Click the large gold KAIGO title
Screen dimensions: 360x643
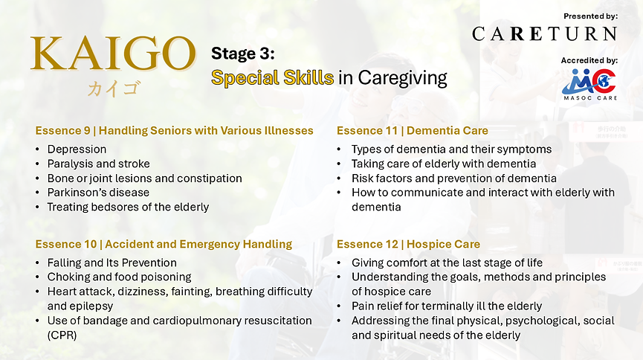click(x=112, y=54)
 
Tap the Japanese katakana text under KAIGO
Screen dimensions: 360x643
click(x=112, y=89)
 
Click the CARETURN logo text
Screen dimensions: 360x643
click(x=545, y=33)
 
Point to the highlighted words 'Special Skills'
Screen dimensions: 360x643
click(x=272, y=77)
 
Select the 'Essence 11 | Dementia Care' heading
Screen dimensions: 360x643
click(x=413, y=130)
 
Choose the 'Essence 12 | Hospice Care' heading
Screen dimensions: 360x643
click(x=408, y=244)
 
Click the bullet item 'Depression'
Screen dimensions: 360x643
click(x=77, y=150)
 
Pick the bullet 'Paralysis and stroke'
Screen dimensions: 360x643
click(x=98, y=164)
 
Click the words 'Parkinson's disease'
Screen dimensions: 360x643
click(x=98, y=193)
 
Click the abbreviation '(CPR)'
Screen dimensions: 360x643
click(x=62, y=335)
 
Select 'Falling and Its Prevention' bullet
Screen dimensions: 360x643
click(x=112, y=263)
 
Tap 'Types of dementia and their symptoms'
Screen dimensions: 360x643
click(x=451, y=150)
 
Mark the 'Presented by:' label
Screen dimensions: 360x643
click(x=590, y=16)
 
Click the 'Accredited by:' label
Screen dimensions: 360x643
click(x=589, y=60)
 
